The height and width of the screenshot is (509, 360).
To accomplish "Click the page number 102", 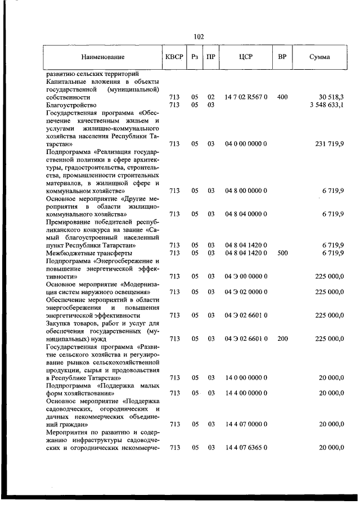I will click(x=198, y=37).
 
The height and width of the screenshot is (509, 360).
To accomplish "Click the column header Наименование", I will click(x=102, y=57).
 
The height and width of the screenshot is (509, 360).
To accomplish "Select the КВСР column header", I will click(x=174, y=57).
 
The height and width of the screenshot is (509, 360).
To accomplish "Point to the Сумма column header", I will click(x=319, y=57).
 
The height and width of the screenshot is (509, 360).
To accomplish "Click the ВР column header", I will click(x=282, y=57).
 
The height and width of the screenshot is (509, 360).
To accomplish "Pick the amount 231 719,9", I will click(x=330, y=144).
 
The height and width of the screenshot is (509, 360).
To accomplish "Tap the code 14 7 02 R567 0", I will click(x=246, y=97).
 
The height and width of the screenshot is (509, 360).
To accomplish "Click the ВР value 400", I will click(x=282, y=97).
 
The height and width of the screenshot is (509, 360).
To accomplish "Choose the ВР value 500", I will click(x=282, y=253).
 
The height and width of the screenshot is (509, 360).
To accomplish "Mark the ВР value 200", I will click(x=282, y=339).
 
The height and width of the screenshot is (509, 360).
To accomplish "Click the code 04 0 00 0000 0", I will click(x=246, y=144).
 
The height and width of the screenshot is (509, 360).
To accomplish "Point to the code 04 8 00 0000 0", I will click(x=246, y=191).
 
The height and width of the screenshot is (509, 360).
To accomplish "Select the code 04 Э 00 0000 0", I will click(x=246, y=276).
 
